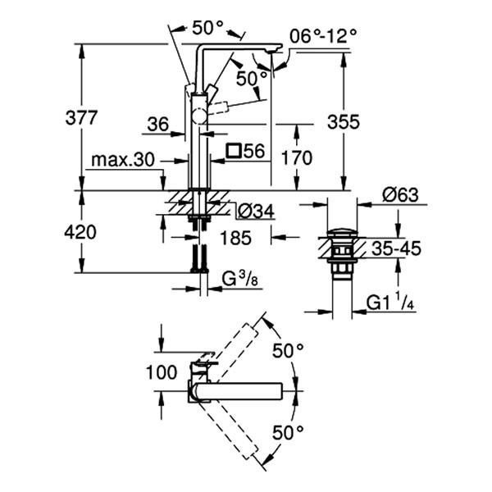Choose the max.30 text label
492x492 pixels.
[x=123, y=159]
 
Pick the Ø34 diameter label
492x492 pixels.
[x=254, y=212]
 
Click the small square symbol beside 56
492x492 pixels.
[x=234, y=150]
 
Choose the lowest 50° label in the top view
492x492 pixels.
[x=289, y=430]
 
